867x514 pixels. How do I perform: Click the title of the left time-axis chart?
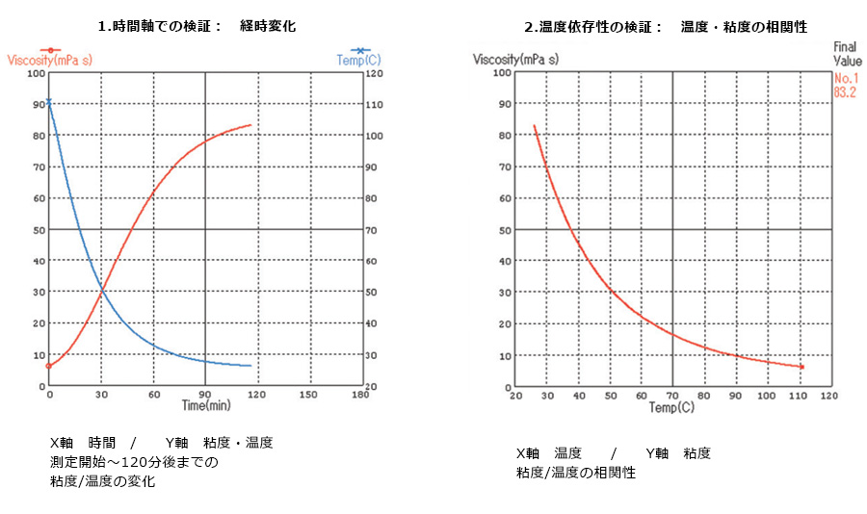point(203,27)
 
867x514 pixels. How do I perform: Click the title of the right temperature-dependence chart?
point(665,27)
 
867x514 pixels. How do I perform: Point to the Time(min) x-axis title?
point(205,405)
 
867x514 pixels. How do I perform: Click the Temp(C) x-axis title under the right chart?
point(671,407)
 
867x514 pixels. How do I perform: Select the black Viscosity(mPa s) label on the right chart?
point(516,60)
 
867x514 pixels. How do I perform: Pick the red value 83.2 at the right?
point(845,93)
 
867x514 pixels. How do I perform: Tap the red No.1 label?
point(845,79)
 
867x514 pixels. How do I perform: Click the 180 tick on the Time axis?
point(361,395)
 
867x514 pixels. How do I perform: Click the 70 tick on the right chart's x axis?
point(671,395)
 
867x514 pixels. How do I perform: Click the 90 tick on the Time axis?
point(205,395)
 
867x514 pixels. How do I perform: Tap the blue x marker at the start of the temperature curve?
point(48,101)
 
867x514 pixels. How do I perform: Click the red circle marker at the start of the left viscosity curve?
point(48,366)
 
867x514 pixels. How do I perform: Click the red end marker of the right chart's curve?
point(801,367)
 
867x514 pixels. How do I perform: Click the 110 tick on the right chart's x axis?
point(798,395)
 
